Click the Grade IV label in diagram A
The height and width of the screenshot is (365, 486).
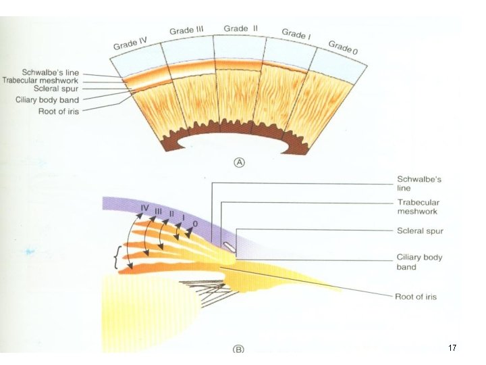coord(130,45)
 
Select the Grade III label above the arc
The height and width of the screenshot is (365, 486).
coord(186,30)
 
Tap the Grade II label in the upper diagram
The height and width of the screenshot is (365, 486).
coord(240,28)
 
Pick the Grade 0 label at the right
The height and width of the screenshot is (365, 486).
coord(344,47)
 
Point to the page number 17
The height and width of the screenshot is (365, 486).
coord(452,347)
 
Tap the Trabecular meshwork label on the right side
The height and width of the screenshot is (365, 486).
coord(418,207)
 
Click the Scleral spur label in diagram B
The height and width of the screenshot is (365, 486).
coord(420,231)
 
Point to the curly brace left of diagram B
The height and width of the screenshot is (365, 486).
coord(119,258)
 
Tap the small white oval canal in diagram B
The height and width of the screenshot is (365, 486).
coord(230,245)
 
